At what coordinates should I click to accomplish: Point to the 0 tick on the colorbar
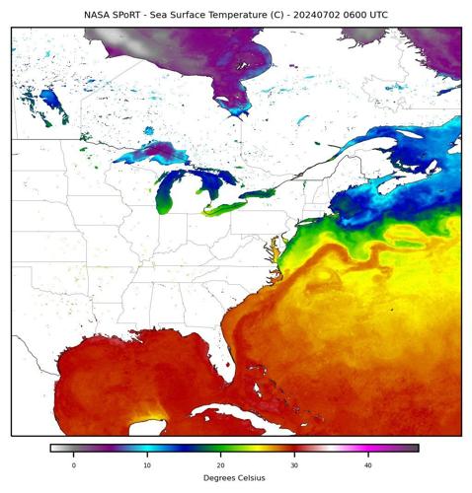pos(73,463)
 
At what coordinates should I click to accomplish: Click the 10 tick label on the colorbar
pos(147,463)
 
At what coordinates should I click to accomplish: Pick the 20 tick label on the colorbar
pos(220,463)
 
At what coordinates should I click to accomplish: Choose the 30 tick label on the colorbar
pos(294,463)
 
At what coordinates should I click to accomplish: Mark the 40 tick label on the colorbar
pos(367,463)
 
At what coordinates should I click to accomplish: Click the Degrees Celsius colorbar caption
pos(235,478)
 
